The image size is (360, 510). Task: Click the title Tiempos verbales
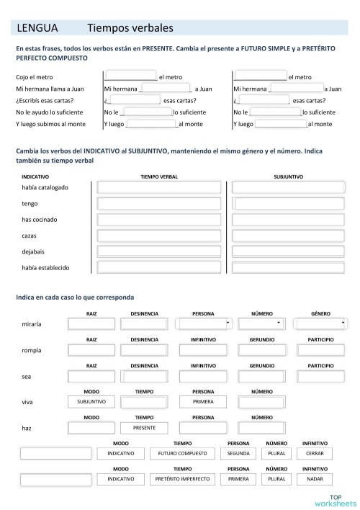pyautogui.click(x=130, y=29)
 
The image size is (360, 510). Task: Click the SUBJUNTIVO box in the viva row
pyautogui.click(x=91, y=401)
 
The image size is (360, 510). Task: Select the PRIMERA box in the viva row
pyautogui.click(x=203, y=401)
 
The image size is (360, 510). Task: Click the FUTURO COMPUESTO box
pyautogui.click(x=182, y=453)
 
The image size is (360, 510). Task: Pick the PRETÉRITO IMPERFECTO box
pyautogui.click(x=182, y=478)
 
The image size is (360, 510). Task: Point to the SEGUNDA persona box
pyautogui.click(x=238, y=453)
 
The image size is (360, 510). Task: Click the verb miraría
pyautogui.click(x=32, y=324)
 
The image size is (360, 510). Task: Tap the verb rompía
pyautogui.click(x=32, y=351)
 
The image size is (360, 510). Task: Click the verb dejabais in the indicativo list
pyautogui.click(x=34, y=251)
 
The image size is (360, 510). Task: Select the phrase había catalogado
pyautogui.click(x=45, y=187)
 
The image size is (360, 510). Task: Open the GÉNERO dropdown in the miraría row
pyautogui.click(x=320, y=323)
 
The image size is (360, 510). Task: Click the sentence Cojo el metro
pyautogui.click(x=34, y=77)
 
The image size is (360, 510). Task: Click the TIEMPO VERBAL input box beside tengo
pyautogui.click(x=159, y=204)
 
